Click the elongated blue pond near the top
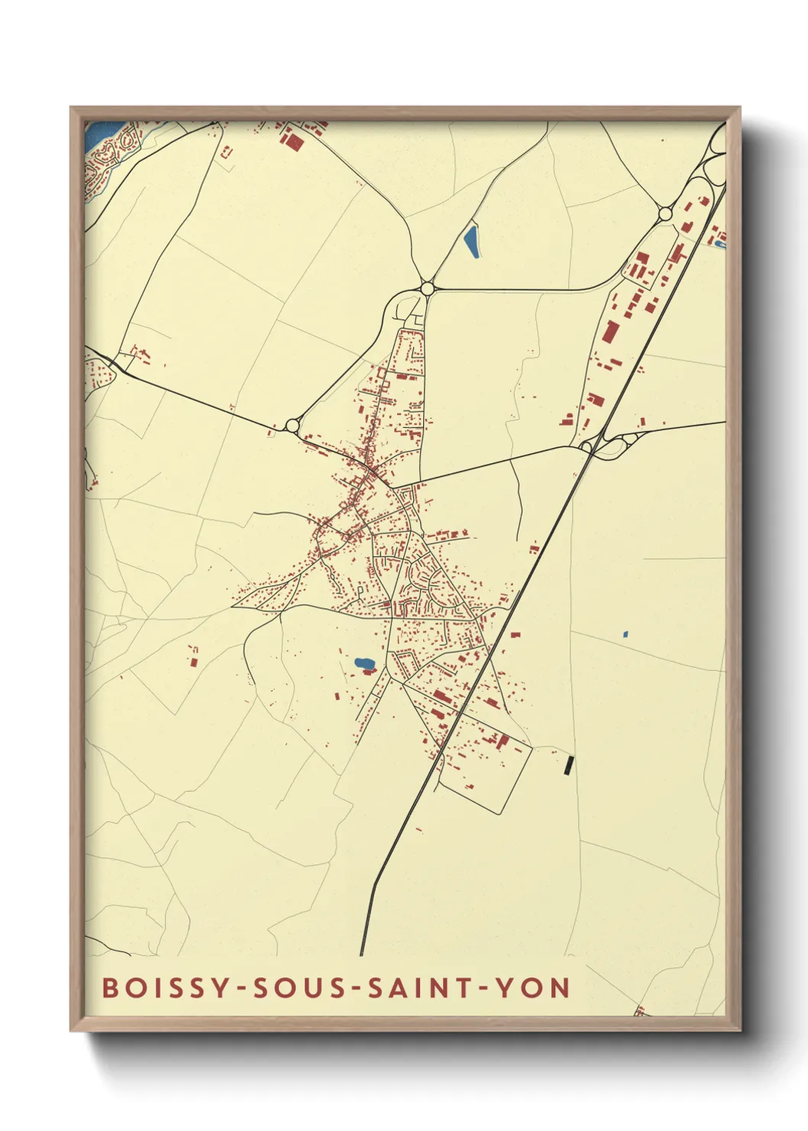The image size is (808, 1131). point(471,241)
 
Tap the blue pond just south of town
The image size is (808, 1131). point(364,663)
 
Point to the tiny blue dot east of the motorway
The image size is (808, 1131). point(625,634)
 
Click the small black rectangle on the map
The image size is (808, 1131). point(567,765)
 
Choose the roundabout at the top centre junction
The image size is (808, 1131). point(427,288)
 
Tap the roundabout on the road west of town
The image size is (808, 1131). point(292,426)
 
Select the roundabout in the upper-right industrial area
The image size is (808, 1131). point(665,214)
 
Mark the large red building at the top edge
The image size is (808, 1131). point(291,140)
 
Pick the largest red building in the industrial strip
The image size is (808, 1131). point(609,332)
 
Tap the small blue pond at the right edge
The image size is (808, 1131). point(719,244)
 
